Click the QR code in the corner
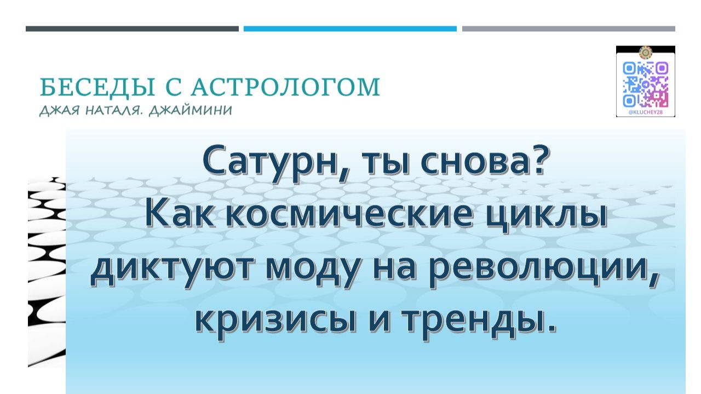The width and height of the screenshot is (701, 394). [x=646, y=84]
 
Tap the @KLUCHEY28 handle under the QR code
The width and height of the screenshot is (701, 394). [x=646, y=113]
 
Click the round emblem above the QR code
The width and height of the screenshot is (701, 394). [x=646, y=53]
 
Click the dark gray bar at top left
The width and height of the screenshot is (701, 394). [x=132, y=28]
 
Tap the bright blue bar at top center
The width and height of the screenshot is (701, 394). [x=350, y=28]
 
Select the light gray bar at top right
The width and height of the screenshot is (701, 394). [x=568, y=28]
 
